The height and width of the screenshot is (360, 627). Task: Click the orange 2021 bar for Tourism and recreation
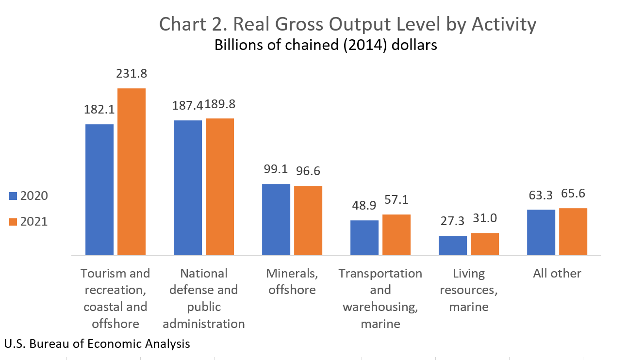click(131, 172)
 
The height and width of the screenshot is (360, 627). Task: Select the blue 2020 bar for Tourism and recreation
click(99, 190)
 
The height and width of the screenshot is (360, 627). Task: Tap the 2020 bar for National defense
click(188, 188)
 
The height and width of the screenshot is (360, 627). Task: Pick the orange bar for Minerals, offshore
click(308, 220)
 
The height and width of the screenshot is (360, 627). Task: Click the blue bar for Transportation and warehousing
click(364, 238)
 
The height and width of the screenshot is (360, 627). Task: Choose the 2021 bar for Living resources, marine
click(484, 244)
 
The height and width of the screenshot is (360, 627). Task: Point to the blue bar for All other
click(541, 232)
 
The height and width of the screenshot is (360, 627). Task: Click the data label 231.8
click(132, 74)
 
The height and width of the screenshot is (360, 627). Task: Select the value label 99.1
click(276, 169)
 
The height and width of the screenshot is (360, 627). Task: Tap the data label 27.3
click(452, 221)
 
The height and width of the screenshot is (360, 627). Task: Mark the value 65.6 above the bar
click(573, 194)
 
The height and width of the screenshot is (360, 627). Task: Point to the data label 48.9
click(364, 205)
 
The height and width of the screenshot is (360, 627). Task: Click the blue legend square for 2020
click(13, 196)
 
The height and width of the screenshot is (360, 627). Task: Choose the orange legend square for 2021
click(13, 222)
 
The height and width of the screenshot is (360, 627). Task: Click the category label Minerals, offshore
click(292, 281)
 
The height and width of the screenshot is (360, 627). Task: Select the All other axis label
click(557, 274)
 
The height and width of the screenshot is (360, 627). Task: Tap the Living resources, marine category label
click(469, 290)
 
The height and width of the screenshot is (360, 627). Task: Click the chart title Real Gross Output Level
click(347, 25)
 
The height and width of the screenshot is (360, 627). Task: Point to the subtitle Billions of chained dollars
click(326, 46)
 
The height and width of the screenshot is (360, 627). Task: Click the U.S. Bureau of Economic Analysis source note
click(97, 344)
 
